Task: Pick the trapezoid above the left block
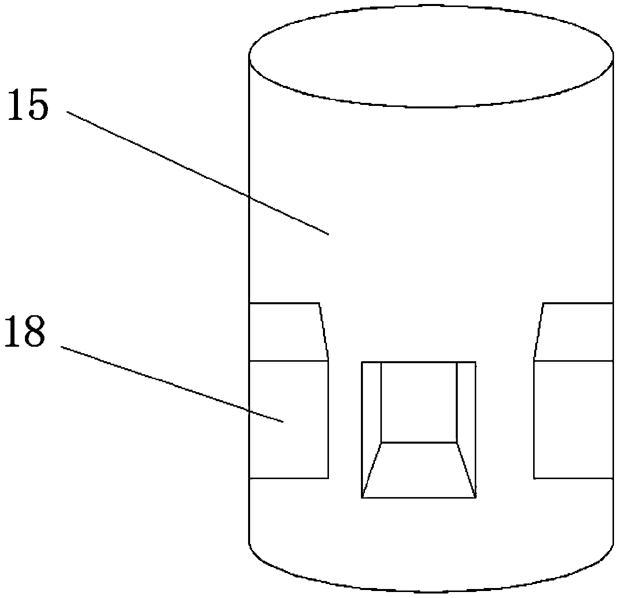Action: pyautogui.click(x=286, y=331)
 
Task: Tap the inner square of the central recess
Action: pyautogui.click(x=418, y=402)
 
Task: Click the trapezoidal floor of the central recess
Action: pyautogui.click(x=418, y=470)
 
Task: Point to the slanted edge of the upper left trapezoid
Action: pyautogui.click(x=323, y=331)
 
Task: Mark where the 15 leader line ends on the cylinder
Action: pyautogui.click(x=328, y=234)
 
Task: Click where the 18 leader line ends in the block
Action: pyautogui.click(x=283, y=422)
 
